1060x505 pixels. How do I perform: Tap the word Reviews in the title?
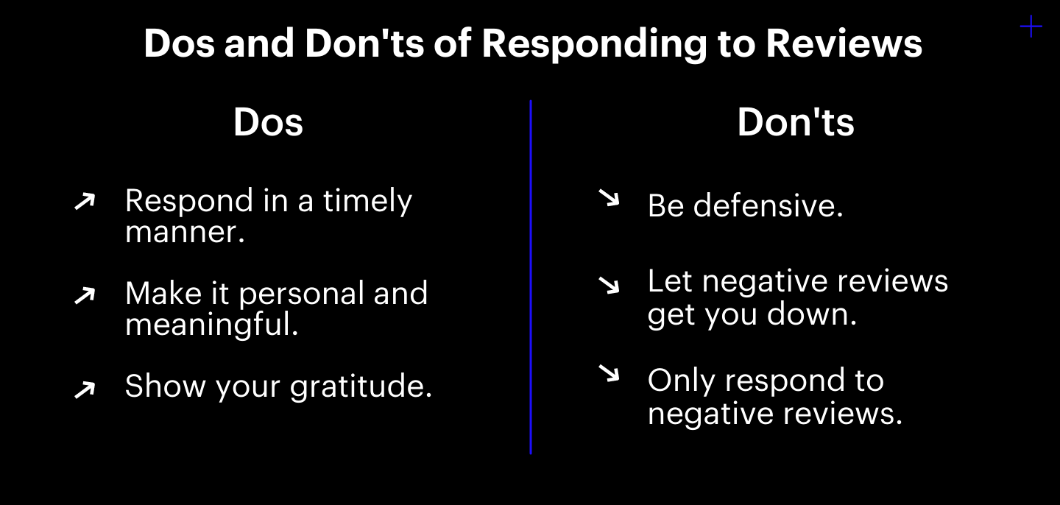coord(844,43)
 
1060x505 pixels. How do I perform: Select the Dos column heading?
coord(268,122)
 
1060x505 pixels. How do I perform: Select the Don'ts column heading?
coord(796,122)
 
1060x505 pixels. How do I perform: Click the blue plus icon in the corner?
coord(1031,27)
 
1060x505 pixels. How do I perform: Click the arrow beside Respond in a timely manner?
coord(85,201)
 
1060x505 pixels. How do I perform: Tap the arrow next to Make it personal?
coord(85,295)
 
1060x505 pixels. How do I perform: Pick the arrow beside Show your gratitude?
coord(85,389)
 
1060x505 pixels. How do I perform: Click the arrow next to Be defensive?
coord(609,198)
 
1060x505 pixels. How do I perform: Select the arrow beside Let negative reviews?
coord(609,285)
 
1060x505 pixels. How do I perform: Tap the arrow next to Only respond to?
coord(609,374)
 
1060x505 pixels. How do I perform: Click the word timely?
coord(367,202)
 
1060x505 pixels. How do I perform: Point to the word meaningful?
coord(211,325)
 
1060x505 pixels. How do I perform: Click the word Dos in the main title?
coord(179,43)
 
